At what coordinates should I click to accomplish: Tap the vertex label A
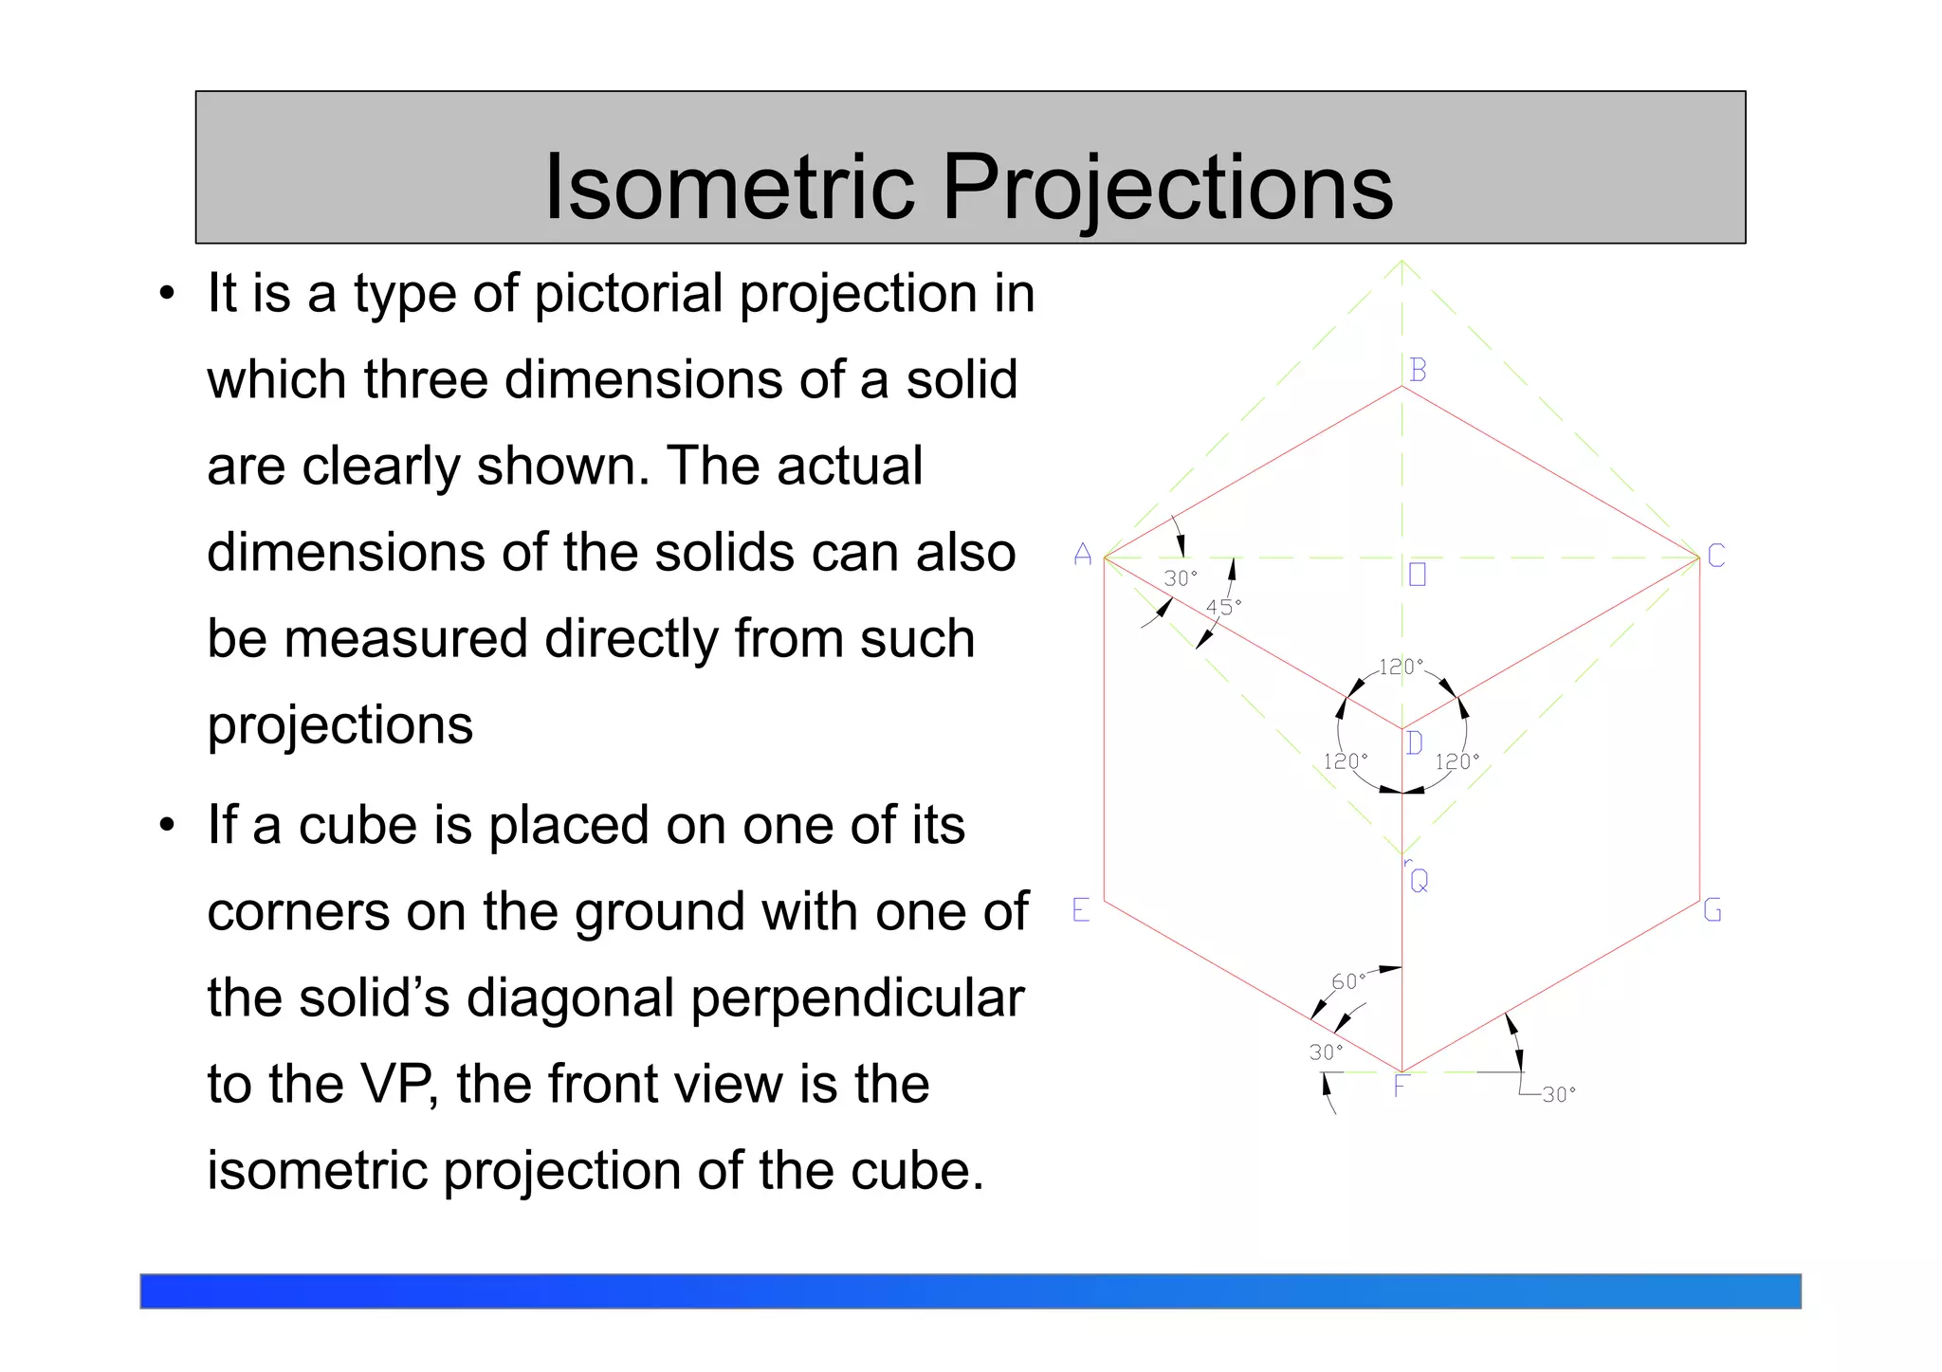pyautogui.click(x=1083, y=555)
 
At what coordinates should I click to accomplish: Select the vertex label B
pyautogui.click(x=1418, y=370)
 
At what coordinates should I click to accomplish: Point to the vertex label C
pyautogui.click(x=1715, y=556)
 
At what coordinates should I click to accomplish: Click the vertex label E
pyautogui.click(x=1081, y=910)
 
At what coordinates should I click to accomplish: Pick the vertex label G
pyautogui.click(x=1713, y=910)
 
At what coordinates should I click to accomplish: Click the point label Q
pyautogui.click(x=1420, y=882)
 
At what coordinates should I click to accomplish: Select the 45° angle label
pyautogui.click(x=1223, y=607)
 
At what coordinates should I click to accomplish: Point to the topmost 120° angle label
pyautogui.click(x=1401, y=667)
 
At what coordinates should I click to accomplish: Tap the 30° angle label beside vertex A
pyautogui.click(x=1181, y=578)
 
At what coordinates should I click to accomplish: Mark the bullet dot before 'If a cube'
pyautogui.click(x=168, y=826)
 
